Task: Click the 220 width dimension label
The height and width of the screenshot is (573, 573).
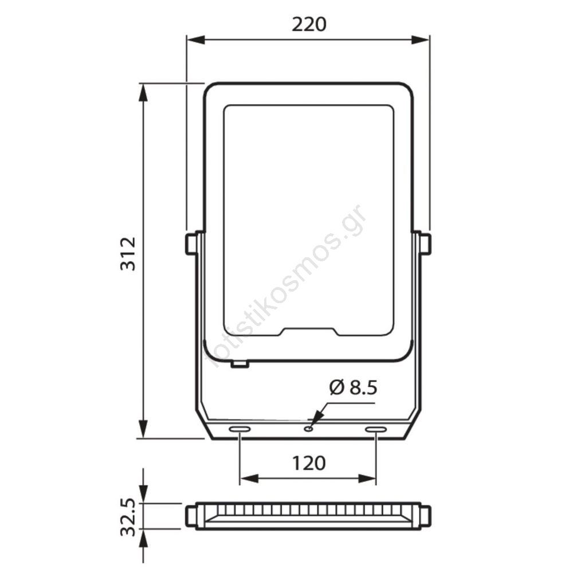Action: click(308, 25)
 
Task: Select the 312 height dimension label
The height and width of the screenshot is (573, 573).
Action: click(128, 254)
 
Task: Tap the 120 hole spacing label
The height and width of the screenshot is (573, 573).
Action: click(308, 464)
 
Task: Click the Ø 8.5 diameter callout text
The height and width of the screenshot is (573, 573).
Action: click(353, 387)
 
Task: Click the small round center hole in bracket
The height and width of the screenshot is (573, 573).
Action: click(309, 428)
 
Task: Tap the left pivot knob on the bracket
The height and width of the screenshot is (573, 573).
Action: click(191, 244)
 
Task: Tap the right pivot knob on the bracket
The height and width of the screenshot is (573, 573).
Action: click(425, 244)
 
